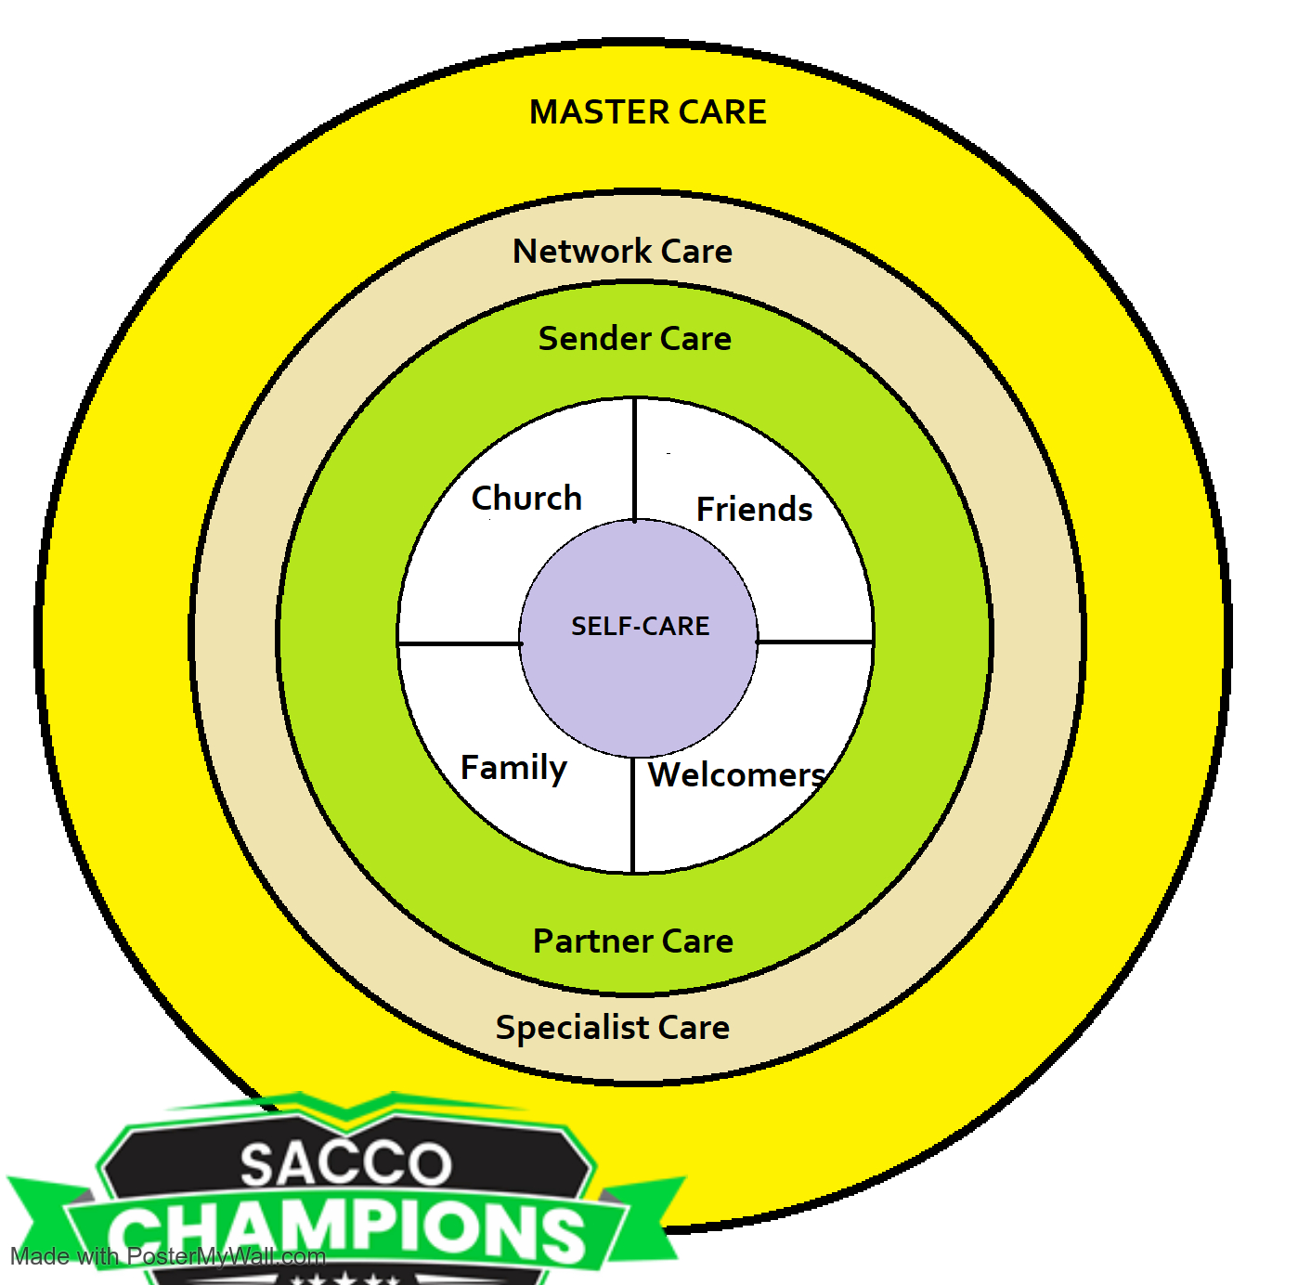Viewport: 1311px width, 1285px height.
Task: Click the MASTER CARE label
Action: pos(647,112)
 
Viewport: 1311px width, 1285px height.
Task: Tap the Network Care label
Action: pos(622,252)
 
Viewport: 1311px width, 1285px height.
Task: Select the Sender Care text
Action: pos(634,339)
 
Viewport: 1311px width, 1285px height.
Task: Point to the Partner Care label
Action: pos(632,941)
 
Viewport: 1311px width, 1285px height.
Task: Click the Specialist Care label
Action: pos(612,1028)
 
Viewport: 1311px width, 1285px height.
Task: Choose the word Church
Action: pos(526,499)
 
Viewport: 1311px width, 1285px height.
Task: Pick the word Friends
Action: pos(754,510)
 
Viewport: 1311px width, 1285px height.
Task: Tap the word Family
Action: pos(513,769)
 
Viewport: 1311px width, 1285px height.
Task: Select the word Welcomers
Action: pos(736,775)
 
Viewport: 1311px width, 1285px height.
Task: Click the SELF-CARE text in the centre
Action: pos(640,627)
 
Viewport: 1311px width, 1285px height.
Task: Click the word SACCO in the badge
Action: pos(345,1164)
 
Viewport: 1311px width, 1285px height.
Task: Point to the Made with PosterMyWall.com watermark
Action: pos(168,1257)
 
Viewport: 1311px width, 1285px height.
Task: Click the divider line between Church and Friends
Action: pos(634,460)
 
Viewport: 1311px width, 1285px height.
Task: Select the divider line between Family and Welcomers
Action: pos(632,815)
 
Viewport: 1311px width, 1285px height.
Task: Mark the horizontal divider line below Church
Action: pos(460,642)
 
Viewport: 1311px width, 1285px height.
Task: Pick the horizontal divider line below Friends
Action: pos(815,642)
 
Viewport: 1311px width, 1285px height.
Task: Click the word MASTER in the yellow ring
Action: pos(586,112)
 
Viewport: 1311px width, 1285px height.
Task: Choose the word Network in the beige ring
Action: pos(582,252)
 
